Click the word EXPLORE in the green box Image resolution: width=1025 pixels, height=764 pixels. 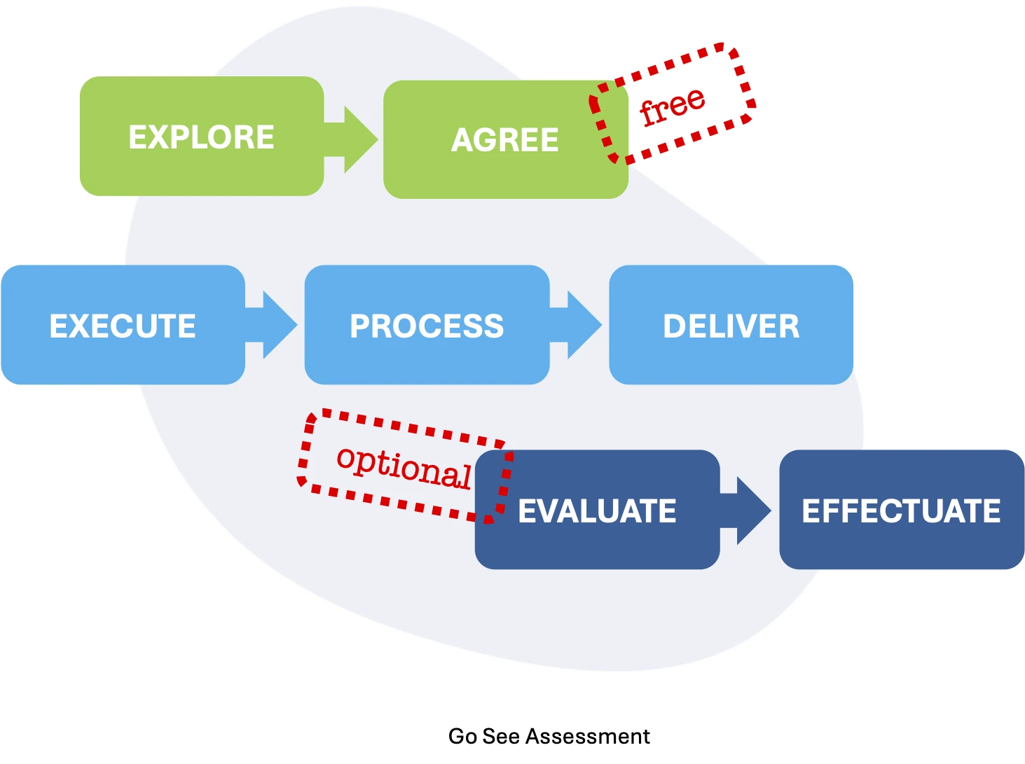tap(201, 137)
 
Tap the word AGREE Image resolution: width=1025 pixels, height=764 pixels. tap(505, 140)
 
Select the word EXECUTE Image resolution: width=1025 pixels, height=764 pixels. tap(123, 326)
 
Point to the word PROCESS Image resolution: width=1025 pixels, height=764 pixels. tap(427, 326)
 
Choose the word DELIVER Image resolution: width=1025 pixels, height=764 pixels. tap(731, 326)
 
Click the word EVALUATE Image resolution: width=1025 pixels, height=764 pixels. tap(597, 511)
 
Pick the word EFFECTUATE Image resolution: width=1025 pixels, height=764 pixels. tap(901, 511)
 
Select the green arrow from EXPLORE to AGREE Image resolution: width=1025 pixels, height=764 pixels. tap(351, 139)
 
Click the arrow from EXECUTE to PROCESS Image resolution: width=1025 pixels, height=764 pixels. tap(271, 325)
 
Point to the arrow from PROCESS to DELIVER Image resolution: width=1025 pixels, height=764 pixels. tap(575, 325)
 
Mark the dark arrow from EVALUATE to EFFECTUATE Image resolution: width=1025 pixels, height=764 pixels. tap(745, 511)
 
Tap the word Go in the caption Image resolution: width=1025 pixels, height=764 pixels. tap(463, 737)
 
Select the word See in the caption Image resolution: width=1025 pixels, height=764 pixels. tap(501, 737)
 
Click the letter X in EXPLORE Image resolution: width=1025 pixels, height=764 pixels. tap(161, 137)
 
